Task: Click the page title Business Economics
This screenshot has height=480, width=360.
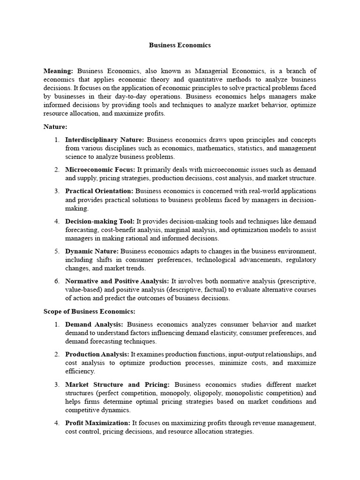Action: point(180,45)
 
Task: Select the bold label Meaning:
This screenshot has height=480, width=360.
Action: point(58,71)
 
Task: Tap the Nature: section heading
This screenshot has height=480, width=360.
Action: point(56,127)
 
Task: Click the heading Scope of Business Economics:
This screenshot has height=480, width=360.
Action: point(90,311)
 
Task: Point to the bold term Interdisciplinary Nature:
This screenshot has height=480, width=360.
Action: point(105,140)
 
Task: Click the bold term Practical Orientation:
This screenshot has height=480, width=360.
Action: point(99,191)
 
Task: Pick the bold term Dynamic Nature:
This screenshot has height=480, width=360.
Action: point(92,251)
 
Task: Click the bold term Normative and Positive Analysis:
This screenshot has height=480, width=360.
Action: point(117,281)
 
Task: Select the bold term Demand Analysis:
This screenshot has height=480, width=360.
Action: point(94,324)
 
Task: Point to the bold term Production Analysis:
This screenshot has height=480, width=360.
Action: point(97,354)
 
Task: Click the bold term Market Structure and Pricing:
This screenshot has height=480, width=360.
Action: point(117,384)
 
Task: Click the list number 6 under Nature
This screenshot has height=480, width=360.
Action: point(57,281)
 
